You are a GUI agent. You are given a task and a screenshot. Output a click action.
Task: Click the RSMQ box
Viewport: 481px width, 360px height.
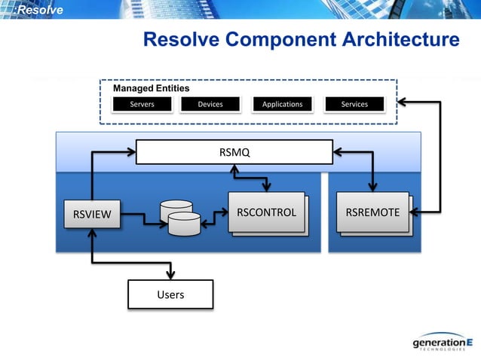pyautogui.click(x=234, y=153)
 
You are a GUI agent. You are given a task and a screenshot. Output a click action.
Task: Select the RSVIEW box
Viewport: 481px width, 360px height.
pyautogui.click(x=91, y=215)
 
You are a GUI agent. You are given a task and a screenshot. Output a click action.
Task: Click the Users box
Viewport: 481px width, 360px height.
pyautogui.click(x=170, y=294)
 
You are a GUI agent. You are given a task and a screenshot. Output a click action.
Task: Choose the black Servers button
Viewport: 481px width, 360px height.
pyautogui.click(x=142, y=104)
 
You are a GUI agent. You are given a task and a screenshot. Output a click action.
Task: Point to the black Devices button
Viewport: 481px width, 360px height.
pyautogui.click(x=210, y=104)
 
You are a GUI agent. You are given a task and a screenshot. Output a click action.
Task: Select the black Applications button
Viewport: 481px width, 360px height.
pyautogui.click(x=282, y=104)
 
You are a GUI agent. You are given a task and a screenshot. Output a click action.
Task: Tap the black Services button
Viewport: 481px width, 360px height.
pyautogui.click(x=354, y=104)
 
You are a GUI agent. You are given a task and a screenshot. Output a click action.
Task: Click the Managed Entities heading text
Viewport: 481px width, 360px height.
pyautogui.click(x=151, y=89)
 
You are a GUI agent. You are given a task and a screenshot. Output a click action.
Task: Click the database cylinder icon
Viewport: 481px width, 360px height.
pyautogui.click(x=179, y=218)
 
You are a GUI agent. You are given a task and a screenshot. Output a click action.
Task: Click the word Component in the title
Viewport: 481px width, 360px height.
pyautogui.click(x=266, y=39)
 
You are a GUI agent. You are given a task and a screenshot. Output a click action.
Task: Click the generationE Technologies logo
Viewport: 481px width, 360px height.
pyautogui.click(x=441, y=343)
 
